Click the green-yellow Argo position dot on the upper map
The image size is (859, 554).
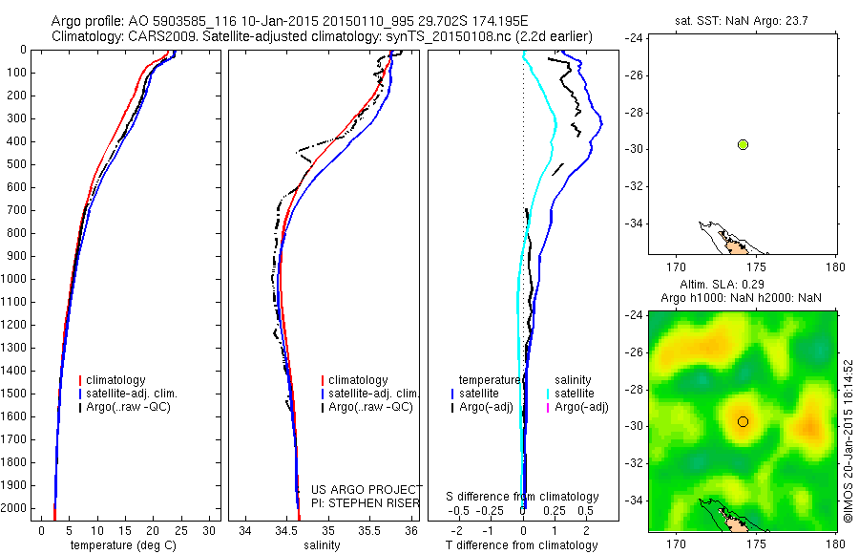pyautogui.click(x=743, y=144)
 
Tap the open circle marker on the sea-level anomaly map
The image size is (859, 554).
pyautogui.click(x=743, y=421)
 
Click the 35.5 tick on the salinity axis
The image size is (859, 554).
pyautogui.click(x=369, y=530)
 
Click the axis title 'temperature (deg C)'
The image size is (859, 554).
pyautogui.click(x=124, y=545)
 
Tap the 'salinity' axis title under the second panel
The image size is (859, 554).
pyautogui.click(x=325, y=545)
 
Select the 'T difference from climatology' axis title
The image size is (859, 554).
pyautogui.click(x=521, y=545)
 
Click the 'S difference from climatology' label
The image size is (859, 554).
pyautogui.click(x=522, y=497)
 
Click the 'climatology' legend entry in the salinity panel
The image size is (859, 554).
pyautogui.click(x=358, y=380)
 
